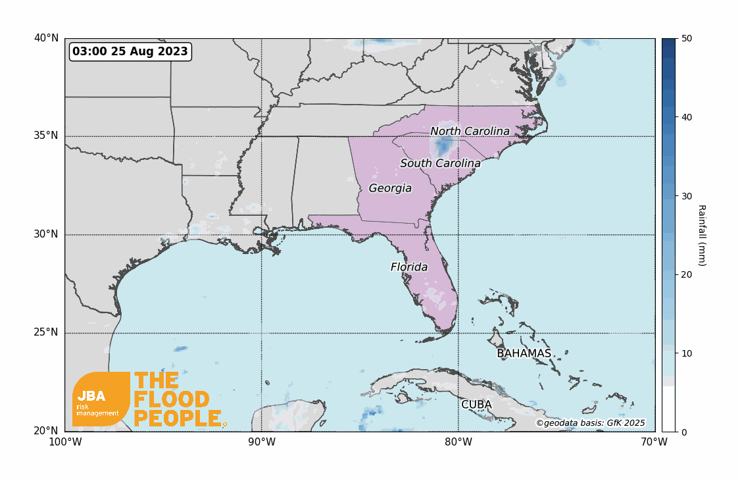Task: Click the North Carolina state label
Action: coord(470,132)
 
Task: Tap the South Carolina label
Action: coord(440,163)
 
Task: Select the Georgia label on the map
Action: coord(390,188)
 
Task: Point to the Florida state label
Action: coord(409,267)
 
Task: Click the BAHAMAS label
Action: coord(524,353)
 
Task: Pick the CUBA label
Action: coord(476,405)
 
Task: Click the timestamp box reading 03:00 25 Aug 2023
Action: coord(130,51)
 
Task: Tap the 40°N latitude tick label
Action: coord(46,38)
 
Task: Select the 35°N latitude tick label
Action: coord(46,136)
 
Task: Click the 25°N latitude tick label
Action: coord(46,332)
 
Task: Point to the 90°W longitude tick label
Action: coord(262,442)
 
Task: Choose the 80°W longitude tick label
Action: coord(458,442)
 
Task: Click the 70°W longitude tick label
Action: coord(654,442)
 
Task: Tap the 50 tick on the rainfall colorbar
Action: coord(687,39)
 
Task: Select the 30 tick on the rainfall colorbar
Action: coord(687,196)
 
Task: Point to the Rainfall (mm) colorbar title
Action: coord(702,235)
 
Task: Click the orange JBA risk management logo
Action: coord(101,399)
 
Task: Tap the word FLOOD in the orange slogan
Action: coord(172,399)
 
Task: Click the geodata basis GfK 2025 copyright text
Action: coord(590,423)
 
